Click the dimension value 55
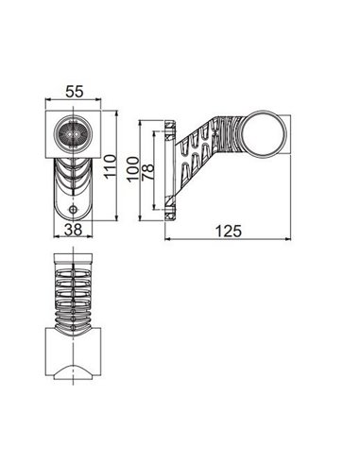72,93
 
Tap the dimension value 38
72,228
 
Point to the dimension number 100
133,167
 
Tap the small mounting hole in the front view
73,208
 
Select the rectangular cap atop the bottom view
72,260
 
